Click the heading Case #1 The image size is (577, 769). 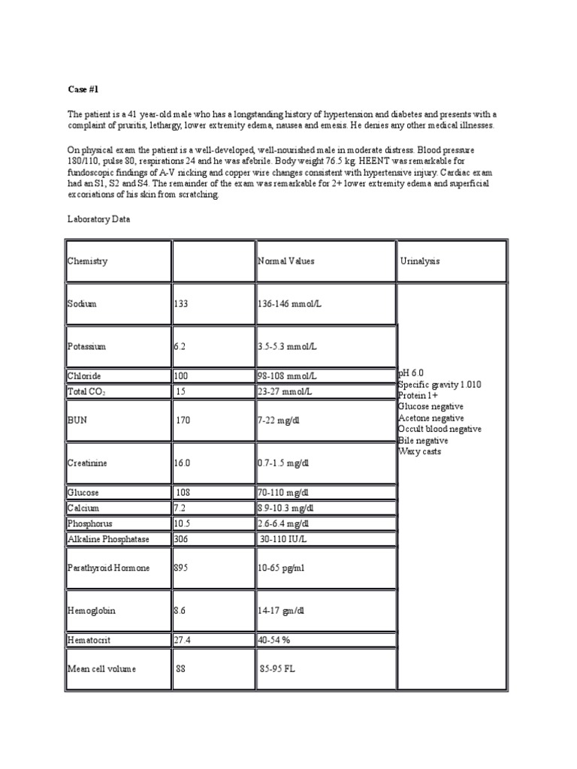84,89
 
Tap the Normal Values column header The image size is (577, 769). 286,261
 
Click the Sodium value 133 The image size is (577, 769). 181,304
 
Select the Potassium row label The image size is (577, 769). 87,347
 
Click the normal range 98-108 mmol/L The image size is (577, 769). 287,375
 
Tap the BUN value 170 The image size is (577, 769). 183,421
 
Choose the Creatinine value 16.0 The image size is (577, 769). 183,463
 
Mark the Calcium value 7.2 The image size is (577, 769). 180,508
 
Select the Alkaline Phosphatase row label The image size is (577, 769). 108,538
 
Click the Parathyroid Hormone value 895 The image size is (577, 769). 181,568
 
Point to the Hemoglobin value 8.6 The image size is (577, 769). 180,611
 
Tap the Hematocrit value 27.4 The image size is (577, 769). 183,640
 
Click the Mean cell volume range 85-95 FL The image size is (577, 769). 277,668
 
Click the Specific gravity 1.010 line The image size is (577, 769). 440,384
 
